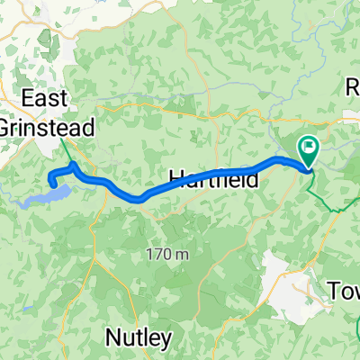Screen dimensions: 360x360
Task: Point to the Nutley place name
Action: point(139,337)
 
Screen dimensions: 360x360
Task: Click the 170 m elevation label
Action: point(168,255)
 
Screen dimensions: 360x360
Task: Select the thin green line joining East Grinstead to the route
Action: point(67,149)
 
